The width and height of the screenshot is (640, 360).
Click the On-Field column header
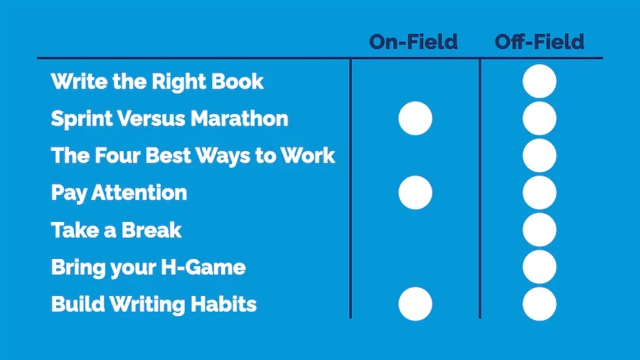(x=413, y=42)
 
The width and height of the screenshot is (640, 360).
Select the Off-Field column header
(x=539, y=42)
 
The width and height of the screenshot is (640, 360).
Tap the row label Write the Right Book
(x=157, y=82)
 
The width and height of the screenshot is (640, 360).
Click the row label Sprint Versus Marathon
(x=169, y=118)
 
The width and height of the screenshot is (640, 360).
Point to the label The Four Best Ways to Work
(x=193, y=156)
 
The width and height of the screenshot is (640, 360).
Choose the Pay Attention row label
(x=119, y=193)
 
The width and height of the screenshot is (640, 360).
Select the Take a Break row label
(x=117, y=230)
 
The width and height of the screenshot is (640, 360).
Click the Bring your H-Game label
(x=148, y=268)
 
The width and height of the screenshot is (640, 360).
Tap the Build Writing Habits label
(x=154, y=305)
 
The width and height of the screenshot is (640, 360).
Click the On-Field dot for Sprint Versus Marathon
(x=415, y=118)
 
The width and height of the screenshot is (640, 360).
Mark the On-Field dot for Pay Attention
(x=415, y=193)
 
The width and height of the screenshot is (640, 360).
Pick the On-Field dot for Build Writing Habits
(x=415, y=304)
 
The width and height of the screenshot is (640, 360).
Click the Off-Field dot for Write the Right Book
(x=539, y=81)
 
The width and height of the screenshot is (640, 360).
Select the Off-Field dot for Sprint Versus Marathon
(x=539, y=118)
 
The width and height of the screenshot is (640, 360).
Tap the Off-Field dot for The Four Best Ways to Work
(x=539, y=156)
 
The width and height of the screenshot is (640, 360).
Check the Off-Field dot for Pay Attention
(x=539, y=193)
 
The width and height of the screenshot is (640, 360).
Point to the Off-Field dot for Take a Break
(x=539, y=230)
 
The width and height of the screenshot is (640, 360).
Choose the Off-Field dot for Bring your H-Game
(x=539, y=267)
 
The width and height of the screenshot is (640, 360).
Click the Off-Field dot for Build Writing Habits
(x=539, y=304)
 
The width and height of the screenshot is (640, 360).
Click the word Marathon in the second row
(x=239, y=118)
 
